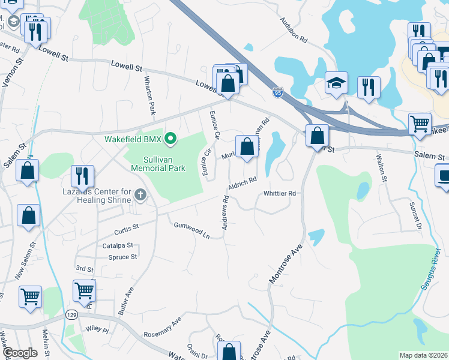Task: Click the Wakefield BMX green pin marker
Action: click(171, 139)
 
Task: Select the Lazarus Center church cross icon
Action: click(140, 194)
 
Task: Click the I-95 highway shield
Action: click(277, 93)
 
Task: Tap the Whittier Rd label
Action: click(280, 193)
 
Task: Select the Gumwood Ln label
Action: click(191, 230)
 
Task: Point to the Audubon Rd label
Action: click(294, 29)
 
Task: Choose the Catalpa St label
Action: click(118, 246)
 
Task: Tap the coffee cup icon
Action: click(444, 176)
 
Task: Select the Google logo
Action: click(20, 353)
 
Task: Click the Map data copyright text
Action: click(424, 355)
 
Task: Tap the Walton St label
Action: click(380, 165)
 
